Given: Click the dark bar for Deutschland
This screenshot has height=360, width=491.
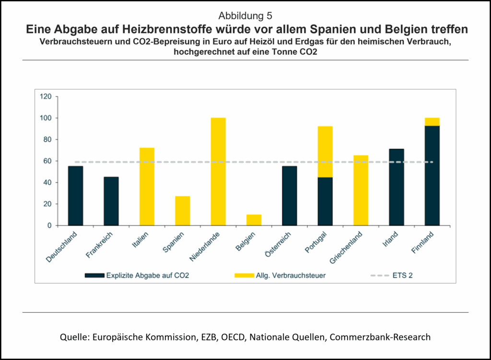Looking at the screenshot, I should pyautogui.click(x=75, y=196).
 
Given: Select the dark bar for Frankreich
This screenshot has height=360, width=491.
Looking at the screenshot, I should pyautogui.click(x=111, y=201).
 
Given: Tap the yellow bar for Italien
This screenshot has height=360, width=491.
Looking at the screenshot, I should pyautogui.click(x=147, y=186).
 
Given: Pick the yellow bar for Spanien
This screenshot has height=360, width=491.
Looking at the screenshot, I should pyautogui.click(x=182, y=210).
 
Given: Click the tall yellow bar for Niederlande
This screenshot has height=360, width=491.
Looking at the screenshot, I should pyautogui.click(x=218, y=172).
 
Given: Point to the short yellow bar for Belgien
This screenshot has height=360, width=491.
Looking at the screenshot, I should pyautogui.click(x=254, y=220).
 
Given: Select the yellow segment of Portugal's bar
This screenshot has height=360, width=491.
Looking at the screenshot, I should pyautogui.click(x=325, y=151).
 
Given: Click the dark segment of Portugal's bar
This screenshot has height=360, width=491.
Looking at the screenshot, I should pyautogui.click(x=325, y=201).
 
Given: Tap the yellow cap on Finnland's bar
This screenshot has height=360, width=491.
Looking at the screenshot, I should pyautogui.click(x=432, y=122).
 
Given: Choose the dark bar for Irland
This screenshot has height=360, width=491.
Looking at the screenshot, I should pyautogui.click(x=397, y=187).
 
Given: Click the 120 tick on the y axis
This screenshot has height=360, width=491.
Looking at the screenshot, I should pyautogui.click(x=46, y=96).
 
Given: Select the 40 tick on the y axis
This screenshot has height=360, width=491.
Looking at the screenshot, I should pyautogui.click(x=47, y=182).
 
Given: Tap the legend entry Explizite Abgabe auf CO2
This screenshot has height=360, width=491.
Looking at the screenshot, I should pyautogui.click(x=142, y=276).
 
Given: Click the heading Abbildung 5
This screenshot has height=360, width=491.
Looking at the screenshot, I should pyautogui.click(x=245, y=16).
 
